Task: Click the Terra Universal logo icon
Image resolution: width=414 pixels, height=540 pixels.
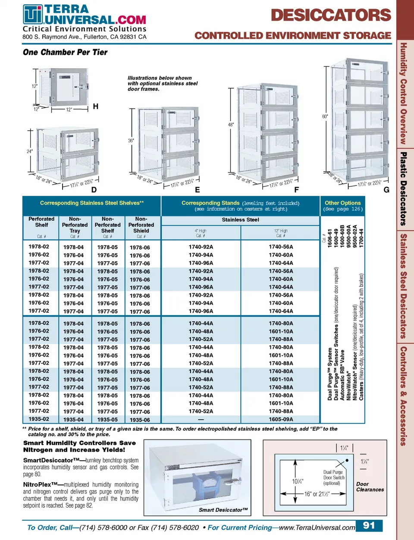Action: (x=33, y=15)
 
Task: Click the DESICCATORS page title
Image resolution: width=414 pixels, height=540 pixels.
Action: (x=331, y=16)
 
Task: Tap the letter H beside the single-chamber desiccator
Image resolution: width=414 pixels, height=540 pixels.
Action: (x=96, y=106)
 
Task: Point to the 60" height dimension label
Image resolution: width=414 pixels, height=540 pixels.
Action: (x=325, y=116)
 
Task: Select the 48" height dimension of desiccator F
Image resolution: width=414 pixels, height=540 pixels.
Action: (x=231, y=125)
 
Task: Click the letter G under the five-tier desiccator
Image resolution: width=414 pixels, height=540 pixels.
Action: (x=386, y=190)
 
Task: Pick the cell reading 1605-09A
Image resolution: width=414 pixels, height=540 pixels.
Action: (x=281, y=419)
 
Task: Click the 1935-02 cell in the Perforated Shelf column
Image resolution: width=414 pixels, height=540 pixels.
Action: (x=39, y=419)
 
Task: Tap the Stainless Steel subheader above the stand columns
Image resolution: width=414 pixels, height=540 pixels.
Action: (x=240, y=220)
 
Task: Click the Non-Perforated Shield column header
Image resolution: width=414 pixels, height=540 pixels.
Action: (x=141, y=225)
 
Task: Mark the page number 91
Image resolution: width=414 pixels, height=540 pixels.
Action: (x=369, y=525)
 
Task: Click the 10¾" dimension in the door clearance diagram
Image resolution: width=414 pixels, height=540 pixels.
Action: (x=298, y=481)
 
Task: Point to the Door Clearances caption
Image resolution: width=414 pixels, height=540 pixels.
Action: (x=370, y=487)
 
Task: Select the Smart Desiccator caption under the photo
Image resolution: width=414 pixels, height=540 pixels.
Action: (x=223, y=510)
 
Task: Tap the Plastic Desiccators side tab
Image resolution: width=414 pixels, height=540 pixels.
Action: (x=403, y=189)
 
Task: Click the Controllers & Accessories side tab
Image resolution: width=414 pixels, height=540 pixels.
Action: (x=403, y=396)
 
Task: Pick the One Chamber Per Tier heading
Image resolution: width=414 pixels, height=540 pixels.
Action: (x=65, y=52)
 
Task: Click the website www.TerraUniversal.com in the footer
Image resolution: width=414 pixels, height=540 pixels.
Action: (x=317, y=527)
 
